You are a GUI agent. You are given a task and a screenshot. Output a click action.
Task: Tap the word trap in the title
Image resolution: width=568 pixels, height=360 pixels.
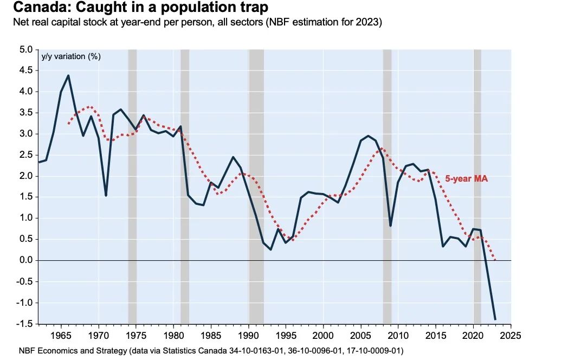[x=250, y=8]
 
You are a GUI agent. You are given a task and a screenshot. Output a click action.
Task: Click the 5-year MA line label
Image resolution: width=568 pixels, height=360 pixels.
[x=466, y=178]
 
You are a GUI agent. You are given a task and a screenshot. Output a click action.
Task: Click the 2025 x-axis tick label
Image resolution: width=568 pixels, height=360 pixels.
[x=511, y=335]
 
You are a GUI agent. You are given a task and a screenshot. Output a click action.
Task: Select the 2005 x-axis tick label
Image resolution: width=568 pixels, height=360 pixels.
[x=361, y=335]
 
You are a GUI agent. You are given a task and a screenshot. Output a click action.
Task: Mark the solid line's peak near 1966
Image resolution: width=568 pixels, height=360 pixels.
[x=68, y=76]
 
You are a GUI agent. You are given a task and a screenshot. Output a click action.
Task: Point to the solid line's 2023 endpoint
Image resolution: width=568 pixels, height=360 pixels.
[x=495, y=319]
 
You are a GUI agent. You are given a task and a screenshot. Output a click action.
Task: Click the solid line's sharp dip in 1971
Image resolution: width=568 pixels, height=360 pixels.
[x=106, y=196]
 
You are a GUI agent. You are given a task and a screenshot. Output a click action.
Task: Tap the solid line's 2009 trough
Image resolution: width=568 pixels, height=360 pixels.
[x=390, y=225]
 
